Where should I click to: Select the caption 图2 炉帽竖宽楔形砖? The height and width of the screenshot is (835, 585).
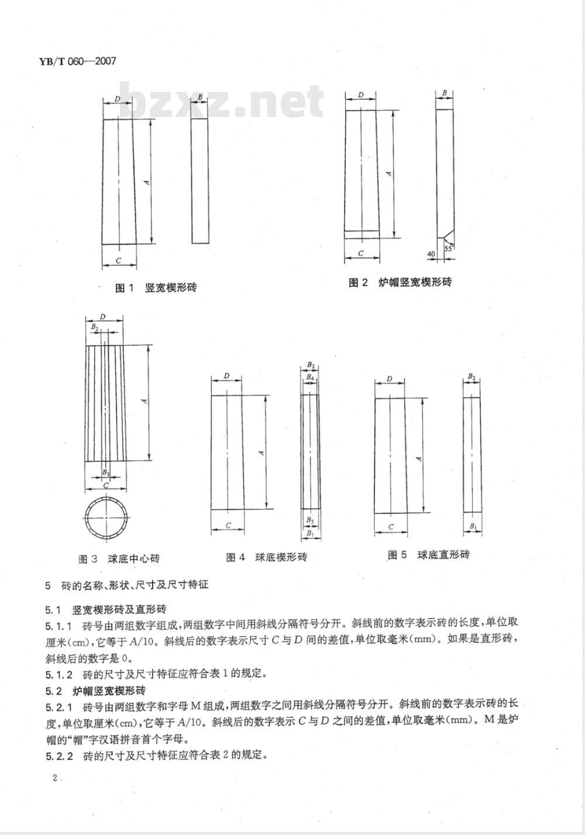(400, 283)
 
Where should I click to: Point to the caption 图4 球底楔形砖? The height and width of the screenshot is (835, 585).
(266, 557)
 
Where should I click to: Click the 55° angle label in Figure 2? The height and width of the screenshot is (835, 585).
(449, 248)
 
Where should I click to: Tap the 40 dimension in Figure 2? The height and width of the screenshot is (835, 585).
(431, 254)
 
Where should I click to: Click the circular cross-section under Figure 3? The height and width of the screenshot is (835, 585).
(105, 519)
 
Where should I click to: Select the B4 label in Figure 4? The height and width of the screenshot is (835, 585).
(310, 379)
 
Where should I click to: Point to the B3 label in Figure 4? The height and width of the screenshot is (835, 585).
(310, 520)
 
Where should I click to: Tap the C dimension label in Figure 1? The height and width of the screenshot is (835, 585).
(118, 259)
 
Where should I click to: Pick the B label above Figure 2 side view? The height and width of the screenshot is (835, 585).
(445, 93)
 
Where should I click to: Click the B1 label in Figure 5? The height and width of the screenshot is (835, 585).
(472, 527)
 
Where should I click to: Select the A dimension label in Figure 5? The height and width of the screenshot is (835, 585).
(419, 459)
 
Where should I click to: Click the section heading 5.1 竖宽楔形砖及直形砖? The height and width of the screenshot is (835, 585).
(105, 609)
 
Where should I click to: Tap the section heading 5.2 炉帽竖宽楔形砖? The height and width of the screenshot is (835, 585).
(95, 689)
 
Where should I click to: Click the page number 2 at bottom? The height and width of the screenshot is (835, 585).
(54, 778)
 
